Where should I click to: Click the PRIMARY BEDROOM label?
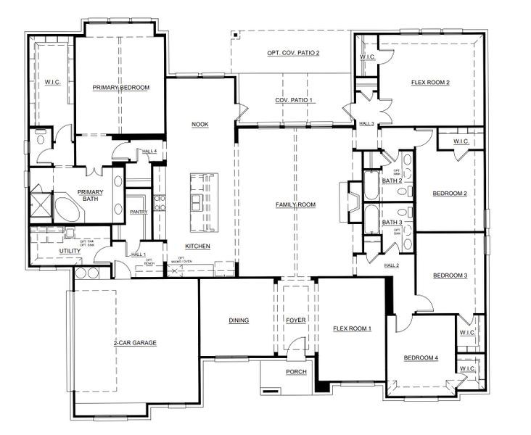coord(121,88)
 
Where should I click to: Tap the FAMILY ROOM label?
coord(295,205)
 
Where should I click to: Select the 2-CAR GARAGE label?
coord(135,343)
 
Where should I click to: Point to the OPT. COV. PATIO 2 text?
coord(293,53)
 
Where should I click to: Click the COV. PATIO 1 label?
coord(293,100)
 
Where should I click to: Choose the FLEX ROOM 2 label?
coord(430,83)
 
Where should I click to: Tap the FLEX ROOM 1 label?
coord(352,328)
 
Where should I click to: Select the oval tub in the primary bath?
coord(70,211)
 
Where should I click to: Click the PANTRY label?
coord(139,212)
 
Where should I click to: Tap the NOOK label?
coord(200,125)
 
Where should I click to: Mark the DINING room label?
coord(239,320)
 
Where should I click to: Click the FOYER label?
coord(295,320)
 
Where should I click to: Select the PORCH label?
coord(295,372)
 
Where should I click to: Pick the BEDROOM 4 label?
coord(421,358)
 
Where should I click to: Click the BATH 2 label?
coord(392,181)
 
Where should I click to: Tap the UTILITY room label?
coord(70,252)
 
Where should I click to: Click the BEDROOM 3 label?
coord(450,275)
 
